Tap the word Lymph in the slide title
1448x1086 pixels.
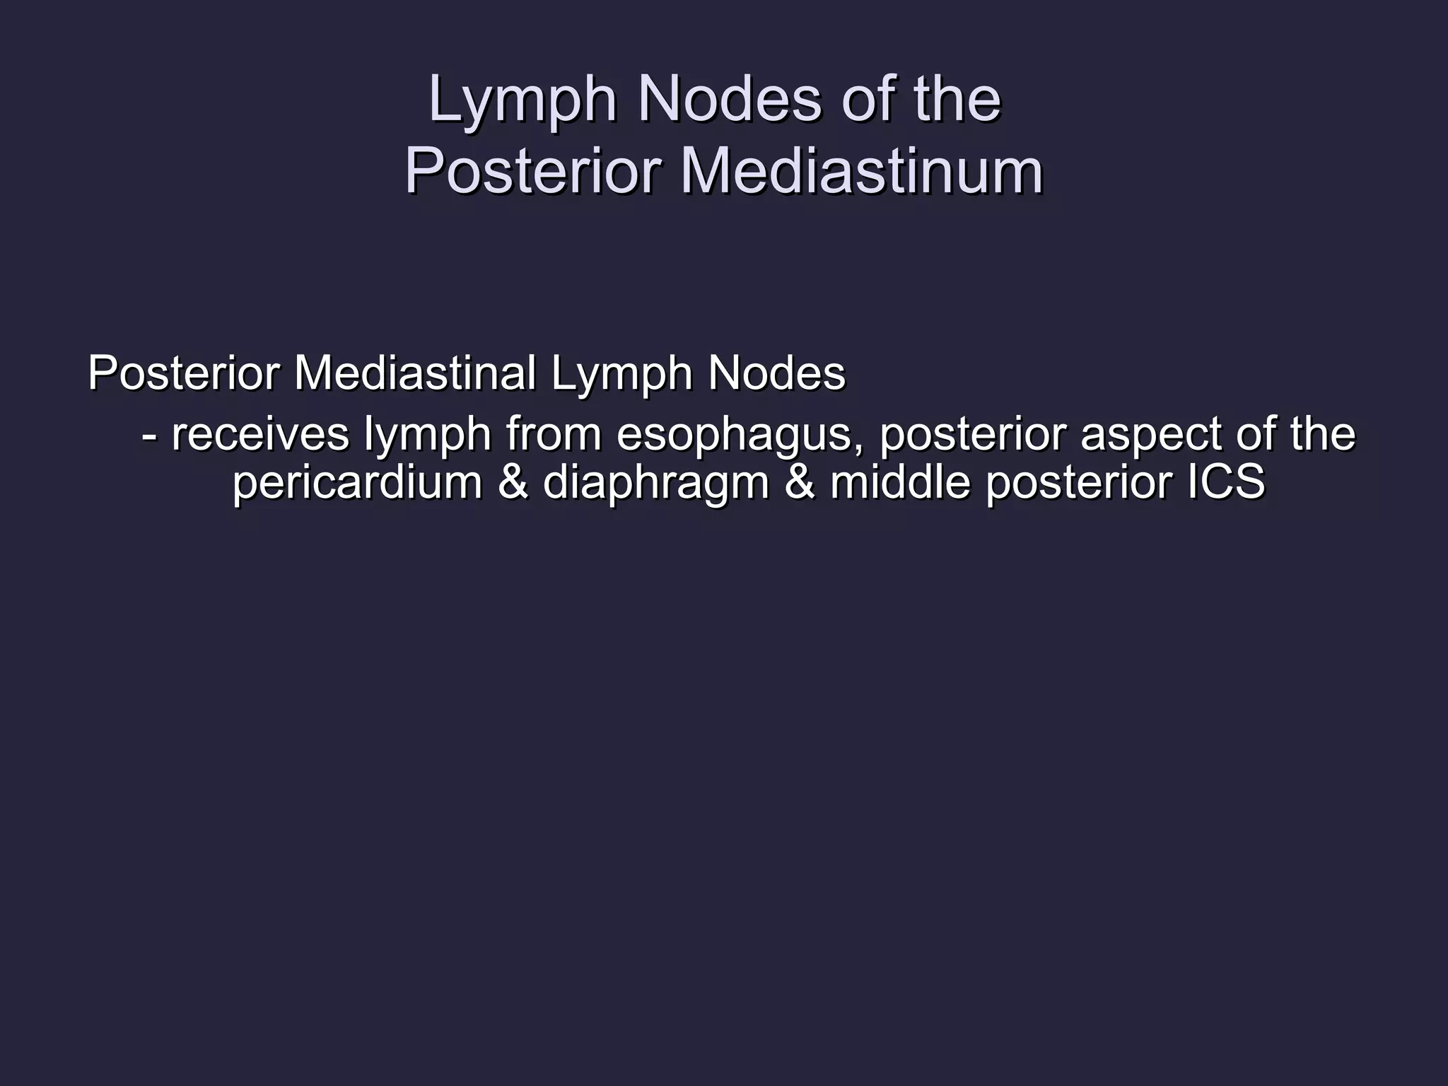(x=522, y=100)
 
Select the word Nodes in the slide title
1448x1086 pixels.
(x=729, y=100)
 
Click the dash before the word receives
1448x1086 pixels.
(x=148, y=436)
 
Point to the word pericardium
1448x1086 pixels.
(x=358, y=483)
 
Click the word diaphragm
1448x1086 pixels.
(x=655, y=484)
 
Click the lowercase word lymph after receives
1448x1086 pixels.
(x=427, y=435)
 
